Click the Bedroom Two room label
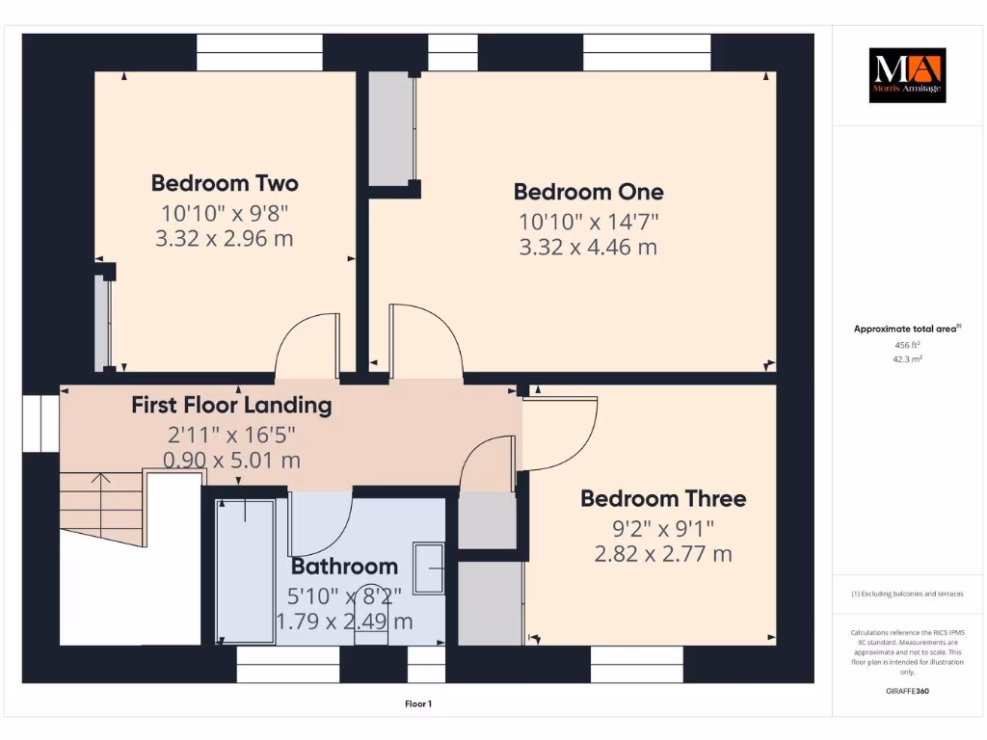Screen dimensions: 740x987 tap(225, 183)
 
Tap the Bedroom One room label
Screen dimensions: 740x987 tap(588, 192)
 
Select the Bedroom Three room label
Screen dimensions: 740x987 tap(662, 498)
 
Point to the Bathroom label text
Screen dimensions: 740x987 tap(344, 566)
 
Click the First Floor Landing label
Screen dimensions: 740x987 tap(231, 405)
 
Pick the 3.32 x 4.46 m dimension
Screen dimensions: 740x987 tap(588, 247)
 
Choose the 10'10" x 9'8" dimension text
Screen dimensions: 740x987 tap(225, 212)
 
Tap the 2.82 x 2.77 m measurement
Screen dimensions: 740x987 tap(662, 553)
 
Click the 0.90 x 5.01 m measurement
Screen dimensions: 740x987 tap(231, 460)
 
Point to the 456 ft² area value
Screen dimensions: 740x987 tap(907, 344)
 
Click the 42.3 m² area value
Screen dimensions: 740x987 tap(907, 358)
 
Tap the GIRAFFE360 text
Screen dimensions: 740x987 tap(907, 691)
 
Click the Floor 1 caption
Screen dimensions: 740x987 tap(417, 704)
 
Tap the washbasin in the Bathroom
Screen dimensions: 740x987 tap(429, 568)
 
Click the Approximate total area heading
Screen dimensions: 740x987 tap(907, 329)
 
